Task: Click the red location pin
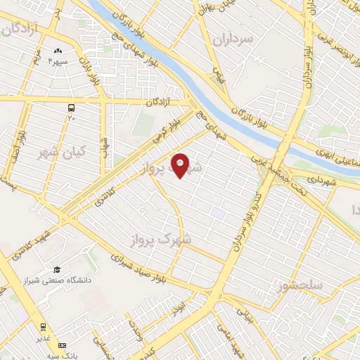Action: click(181, 165)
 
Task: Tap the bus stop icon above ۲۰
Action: click(71, 108)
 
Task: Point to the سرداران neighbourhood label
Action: click(235, 41)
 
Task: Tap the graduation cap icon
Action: click(57, 270)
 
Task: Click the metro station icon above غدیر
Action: click(43, 326)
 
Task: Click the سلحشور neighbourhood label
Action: click(300, 286)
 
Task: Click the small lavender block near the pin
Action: click(219, 212)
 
